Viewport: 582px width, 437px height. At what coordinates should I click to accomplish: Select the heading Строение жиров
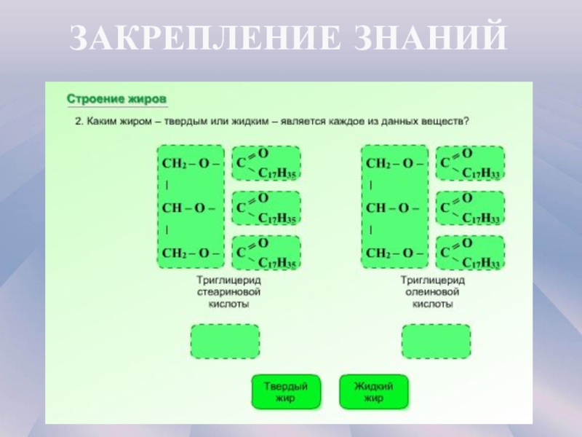(117, 98)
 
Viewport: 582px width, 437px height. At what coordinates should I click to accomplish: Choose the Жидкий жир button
(373, 392)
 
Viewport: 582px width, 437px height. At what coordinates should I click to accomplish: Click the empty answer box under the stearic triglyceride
(225, 342)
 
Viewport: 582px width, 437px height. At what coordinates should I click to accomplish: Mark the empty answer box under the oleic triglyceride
(436, 342)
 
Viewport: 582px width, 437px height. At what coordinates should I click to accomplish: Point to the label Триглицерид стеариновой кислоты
(228, 291)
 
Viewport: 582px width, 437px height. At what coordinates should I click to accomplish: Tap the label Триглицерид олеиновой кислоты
(433, 291)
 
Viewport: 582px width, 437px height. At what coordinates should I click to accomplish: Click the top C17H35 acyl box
(266, 163)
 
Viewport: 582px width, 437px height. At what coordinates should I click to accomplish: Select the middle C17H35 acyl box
(266, 208)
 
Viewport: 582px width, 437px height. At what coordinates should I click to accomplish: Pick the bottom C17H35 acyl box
(266, 253)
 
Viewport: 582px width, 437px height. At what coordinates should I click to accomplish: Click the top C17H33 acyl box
(470, 163)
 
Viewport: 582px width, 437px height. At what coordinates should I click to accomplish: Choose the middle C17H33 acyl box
(470, 208)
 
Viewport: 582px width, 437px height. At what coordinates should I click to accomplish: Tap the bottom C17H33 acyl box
(470, 253)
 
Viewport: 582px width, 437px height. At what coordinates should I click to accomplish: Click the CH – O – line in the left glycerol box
(188, 208)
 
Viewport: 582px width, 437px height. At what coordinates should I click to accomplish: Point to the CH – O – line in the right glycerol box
(392, 208)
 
